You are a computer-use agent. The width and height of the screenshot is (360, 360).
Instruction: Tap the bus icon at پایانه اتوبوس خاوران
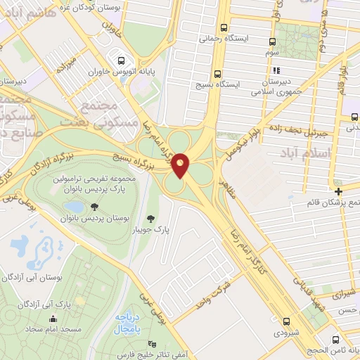122,60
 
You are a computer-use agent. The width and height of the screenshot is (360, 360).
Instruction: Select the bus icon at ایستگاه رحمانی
224,28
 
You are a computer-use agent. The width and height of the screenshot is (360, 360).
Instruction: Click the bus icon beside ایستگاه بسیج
217,72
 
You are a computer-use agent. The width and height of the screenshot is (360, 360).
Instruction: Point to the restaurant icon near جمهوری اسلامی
277,70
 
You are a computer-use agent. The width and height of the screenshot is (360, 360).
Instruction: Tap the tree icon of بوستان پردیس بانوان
94,207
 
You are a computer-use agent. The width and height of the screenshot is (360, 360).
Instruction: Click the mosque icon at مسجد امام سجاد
53,320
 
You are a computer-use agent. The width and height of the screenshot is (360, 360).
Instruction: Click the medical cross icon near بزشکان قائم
338,191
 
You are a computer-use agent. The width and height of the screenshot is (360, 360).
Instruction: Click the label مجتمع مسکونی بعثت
105,112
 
